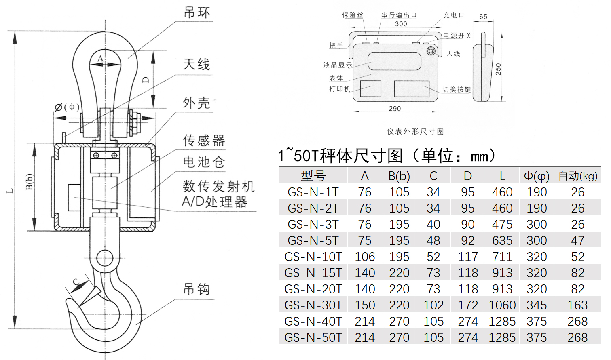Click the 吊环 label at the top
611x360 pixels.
tap(197, 13)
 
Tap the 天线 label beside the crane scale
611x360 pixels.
tap(197, 64)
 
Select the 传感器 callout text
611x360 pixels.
tap(204, 140)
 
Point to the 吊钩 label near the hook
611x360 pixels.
tap(197, 289)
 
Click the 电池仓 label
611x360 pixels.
tap(203, 162)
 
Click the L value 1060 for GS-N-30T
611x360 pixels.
tap(502, 305)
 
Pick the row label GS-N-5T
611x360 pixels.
tap(313, 240)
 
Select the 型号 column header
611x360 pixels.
tap(313, 176)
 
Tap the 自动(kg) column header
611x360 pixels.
tap(577, 176)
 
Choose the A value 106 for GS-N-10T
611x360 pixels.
tap(365, 257)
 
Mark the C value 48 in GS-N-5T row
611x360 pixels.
tap(433, 240)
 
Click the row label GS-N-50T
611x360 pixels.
tap(313, 337)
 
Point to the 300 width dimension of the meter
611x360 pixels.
tap(401, 24)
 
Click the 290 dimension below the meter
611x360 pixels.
tap(395, 109)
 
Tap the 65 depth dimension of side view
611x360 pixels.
tap(483, 17)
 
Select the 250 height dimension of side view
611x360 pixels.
tap(498, 69)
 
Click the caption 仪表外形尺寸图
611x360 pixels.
tap(415, 132)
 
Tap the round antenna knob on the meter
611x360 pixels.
tap(431, 51)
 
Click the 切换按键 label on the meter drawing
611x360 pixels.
tap(457, 89)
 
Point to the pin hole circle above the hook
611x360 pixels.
tap(105, 258)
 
